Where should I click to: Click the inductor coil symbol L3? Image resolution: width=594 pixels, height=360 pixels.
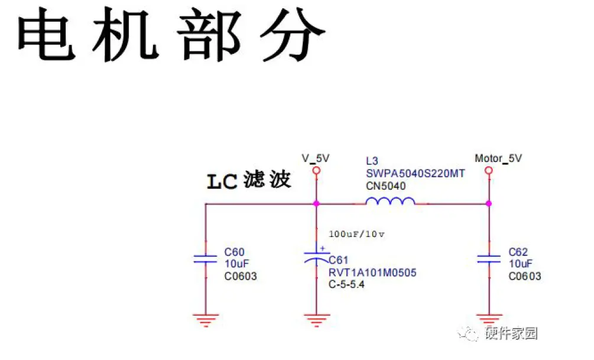(x=390, y=202)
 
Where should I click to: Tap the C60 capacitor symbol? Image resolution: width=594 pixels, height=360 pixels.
(x=205, y=258)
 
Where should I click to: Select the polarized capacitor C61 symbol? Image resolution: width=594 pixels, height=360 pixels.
(x=316, y=257)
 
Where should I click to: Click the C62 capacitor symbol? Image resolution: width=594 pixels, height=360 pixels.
(x=489, y=258)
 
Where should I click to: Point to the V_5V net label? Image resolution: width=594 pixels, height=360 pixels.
(x=316, y=158)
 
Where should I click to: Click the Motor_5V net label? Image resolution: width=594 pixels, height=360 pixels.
(x=498, y=158)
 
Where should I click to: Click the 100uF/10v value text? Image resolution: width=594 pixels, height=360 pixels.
(x=357, y=233)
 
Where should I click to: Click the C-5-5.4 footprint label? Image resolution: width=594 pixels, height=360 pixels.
(x=348, y=284)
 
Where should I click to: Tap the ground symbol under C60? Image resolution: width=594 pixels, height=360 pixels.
(x=205, y=320)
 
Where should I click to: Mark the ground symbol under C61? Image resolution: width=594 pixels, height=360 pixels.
(x=316, y=320)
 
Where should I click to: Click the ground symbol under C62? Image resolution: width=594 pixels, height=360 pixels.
(x=489, y=320)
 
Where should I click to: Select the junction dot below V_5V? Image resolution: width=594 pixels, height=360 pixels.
(x=316, y=203)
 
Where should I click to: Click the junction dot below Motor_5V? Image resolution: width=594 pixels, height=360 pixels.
(x=489, y=203)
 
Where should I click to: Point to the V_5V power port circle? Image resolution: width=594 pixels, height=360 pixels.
(x=316, y=170)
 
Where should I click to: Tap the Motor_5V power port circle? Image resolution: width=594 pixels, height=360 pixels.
(x=489, y=170)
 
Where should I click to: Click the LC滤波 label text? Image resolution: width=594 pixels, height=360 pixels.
(x=249, y=181)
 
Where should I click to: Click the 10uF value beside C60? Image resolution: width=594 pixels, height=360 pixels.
(x=236, y=264)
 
